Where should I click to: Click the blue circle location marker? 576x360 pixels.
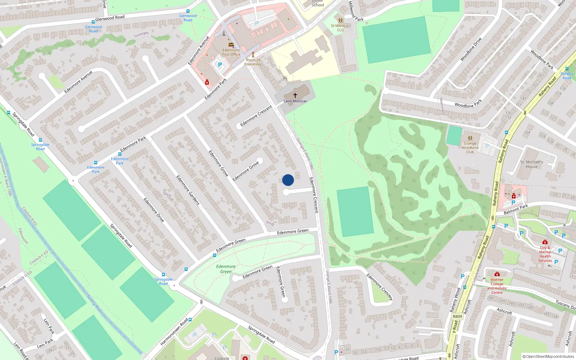click(288, 180)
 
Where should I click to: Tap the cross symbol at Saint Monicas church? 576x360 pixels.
click(295, 95)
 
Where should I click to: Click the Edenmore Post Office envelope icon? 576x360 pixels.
click(231, 45)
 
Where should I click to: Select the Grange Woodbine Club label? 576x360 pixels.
click(470, 148)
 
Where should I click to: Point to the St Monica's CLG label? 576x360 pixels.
click(340, 28)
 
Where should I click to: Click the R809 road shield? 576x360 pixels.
click(457, 316)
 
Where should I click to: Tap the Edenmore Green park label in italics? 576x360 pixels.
click(226, 269)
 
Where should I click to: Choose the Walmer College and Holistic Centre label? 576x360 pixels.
click(497, 286)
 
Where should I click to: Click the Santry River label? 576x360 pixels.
click(95, 304)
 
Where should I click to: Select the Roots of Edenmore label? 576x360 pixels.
click(253, 62)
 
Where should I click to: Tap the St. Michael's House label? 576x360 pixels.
click(531, 164)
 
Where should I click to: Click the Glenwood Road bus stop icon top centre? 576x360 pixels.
click(188, 12)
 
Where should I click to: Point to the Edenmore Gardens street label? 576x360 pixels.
click(188, 190)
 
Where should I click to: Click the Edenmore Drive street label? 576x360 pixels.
click(154, 210)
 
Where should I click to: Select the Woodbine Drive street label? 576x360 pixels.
click(471, 49)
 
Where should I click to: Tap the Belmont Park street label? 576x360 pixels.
click(516, 209)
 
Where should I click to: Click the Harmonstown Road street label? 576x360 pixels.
click(174, 332)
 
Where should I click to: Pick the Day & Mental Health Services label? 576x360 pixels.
click(545, 254)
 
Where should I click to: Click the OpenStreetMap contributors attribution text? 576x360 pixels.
click(548, 356)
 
